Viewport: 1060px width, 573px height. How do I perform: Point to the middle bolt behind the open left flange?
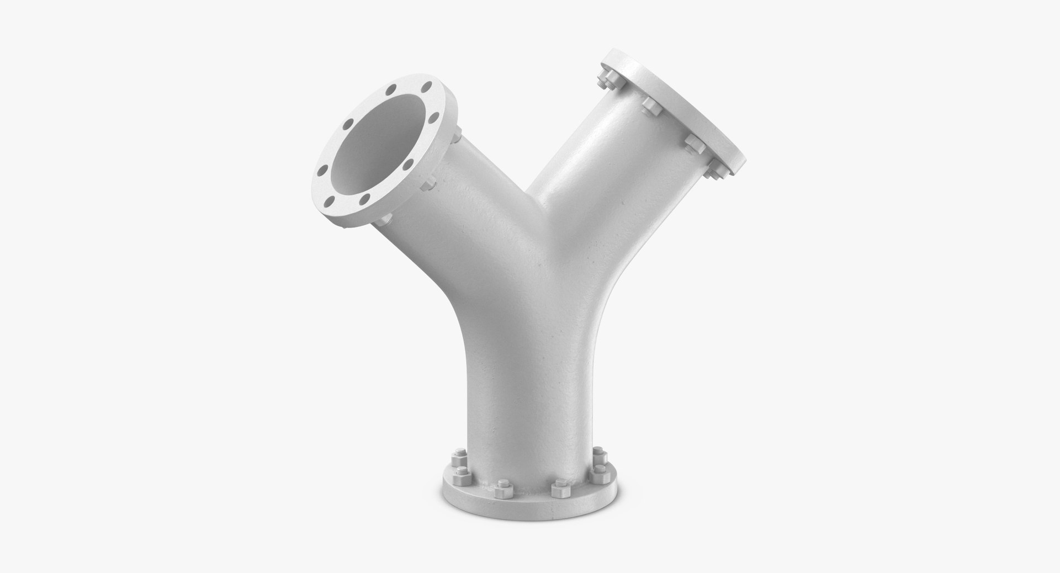(x=428, y=184)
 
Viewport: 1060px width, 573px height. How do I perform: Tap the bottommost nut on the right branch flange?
(x=715, y=171)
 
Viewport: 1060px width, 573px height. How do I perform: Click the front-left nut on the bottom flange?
(x=500, y=488)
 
